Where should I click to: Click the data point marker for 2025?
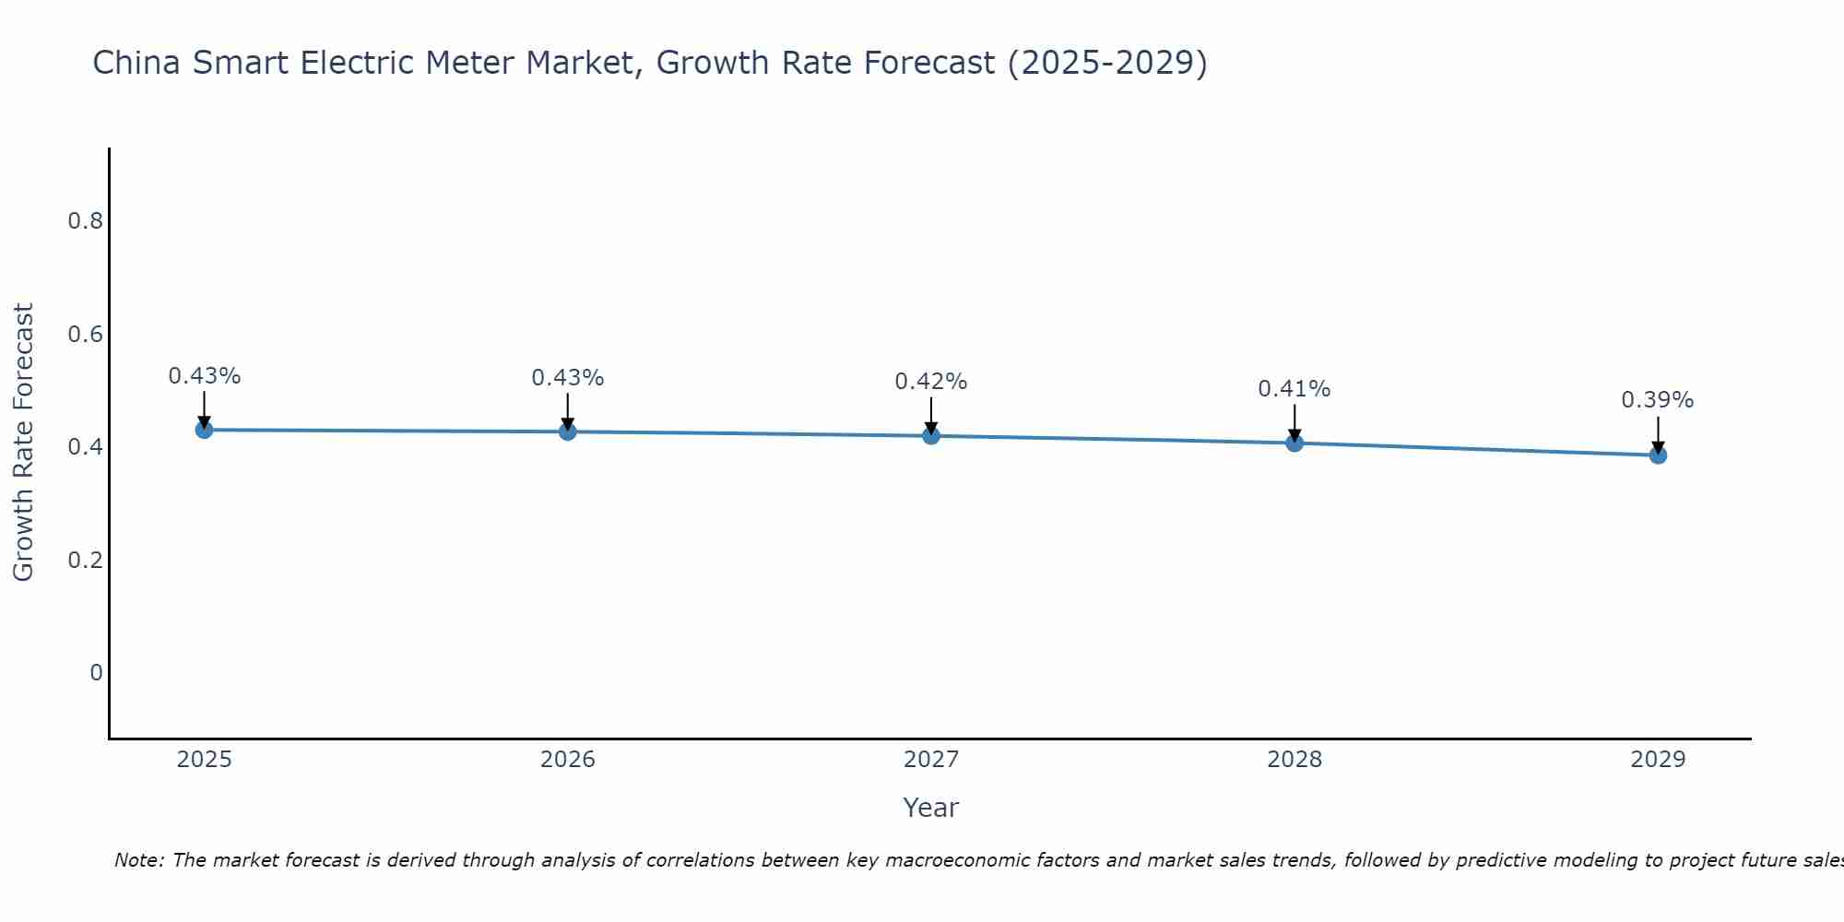[204, 430]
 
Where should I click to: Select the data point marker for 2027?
[931, 435]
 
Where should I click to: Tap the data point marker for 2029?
[1658, 455]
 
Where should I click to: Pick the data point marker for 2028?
[1294, 443]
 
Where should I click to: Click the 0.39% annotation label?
[1657, 400]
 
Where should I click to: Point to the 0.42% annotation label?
[930, 382]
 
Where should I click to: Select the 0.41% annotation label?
[1294, 389]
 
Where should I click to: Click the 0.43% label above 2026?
[567, 378]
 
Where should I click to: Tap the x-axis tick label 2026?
[567, 760]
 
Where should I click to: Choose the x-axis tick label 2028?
[1294, 760]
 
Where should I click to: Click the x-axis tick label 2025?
[204, 760]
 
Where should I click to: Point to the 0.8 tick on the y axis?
[85, 221]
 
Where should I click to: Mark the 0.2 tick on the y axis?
[85, 561]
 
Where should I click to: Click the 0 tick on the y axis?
[96, 673]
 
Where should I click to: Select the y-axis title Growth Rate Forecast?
[23, 443]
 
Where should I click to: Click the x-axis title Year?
[930, 808]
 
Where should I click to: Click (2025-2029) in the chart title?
[1106, 63]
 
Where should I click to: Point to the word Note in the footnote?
[138, 860]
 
